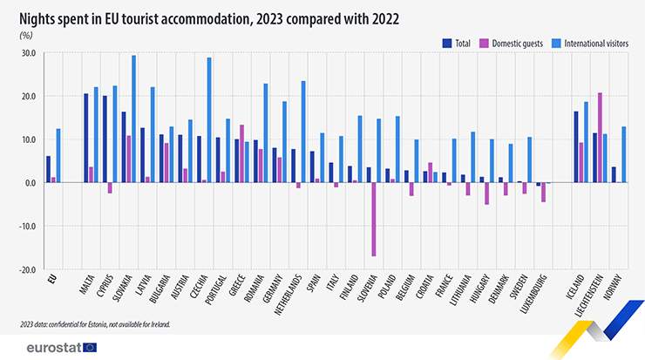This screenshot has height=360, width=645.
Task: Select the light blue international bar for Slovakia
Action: coord(133,119)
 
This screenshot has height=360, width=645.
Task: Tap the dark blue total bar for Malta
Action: coord(85,138)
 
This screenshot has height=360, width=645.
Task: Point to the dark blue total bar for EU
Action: coord(48,169)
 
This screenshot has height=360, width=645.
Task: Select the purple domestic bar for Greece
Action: coord(241,153)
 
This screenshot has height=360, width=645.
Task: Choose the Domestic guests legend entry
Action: coord(515,42)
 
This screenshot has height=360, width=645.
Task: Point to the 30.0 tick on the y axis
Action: coord(28,53)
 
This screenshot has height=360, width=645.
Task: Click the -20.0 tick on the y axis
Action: coord(26,270)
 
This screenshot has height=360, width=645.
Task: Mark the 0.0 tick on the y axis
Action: coord(29,183)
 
